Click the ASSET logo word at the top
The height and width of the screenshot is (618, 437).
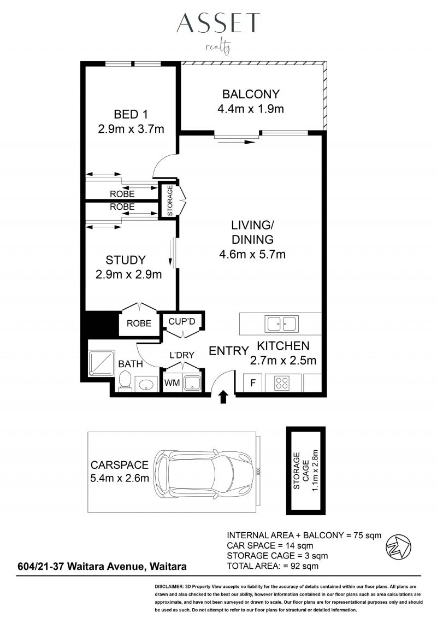218,22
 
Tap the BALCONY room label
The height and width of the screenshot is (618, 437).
251,94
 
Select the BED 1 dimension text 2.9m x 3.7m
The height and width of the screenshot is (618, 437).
131,129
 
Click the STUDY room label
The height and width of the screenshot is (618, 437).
126,260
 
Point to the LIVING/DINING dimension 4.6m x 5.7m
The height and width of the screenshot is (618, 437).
252,254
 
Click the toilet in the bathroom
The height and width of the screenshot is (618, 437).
126,381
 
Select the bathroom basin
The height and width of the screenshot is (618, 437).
146,384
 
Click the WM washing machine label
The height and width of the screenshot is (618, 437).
172,382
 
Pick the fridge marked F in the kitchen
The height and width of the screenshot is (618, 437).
253,382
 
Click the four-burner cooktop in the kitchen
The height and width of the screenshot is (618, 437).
282,383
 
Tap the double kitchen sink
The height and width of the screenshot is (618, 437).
282,324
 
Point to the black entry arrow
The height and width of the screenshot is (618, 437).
223,397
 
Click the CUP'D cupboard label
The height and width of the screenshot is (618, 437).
182,321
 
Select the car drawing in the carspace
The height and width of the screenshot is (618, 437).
203,472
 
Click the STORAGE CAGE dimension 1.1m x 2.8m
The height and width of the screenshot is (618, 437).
315,470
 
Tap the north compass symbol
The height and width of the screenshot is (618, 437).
398,546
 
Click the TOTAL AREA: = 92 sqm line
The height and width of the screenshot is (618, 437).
273,566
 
